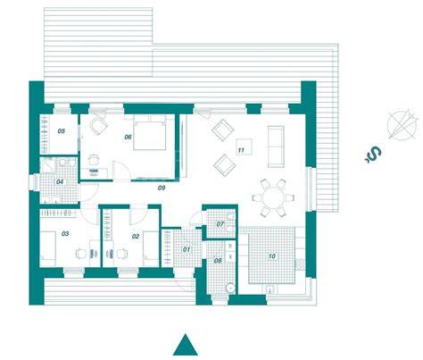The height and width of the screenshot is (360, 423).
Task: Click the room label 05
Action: coord(62,131)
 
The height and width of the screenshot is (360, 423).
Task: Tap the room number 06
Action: coord(128,137)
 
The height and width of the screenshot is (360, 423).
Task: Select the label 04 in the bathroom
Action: coord(60,181)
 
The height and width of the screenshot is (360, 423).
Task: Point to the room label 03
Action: coord(65,234)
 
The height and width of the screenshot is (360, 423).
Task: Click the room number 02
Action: coord(136,237)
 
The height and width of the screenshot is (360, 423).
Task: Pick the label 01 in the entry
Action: coord(187,249)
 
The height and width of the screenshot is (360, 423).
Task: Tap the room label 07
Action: coord(220,224)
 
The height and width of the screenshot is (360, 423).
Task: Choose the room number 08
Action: coord(218,261)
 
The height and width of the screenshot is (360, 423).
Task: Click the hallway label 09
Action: coord(162,188)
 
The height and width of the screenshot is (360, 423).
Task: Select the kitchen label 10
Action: coord(272,256)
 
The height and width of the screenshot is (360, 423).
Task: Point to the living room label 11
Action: coord(241,150)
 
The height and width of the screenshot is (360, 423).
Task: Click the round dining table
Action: coord(273,197)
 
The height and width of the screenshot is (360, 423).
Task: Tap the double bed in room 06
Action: coord(149,132)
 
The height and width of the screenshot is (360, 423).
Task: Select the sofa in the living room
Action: coord(276,147)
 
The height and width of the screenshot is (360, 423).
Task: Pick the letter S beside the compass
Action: coord(374,155)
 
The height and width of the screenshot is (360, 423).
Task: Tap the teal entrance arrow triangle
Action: coord(186,345)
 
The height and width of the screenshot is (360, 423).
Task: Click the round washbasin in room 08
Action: coord(230,288)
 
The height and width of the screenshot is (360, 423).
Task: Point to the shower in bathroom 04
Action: coord(47,164)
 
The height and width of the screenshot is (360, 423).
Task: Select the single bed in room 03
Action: coord(48,248)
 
